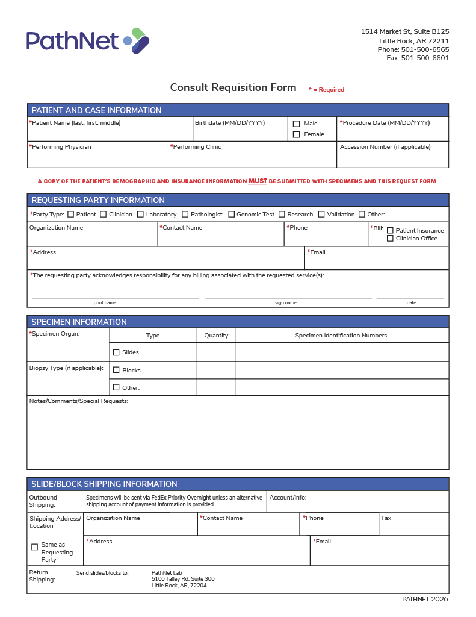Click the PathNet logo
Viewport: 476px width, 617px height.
point(88,40)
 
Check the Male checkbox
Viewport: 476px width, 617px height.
point(296,124)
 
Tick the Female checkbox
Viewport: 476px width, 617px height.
point(296,135)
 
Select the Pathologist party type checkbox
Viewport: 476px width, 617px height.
point(185,215)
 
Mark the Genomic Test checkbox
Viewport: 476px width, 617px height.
point(231,215)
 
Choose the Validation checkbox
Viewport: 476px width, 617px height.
point(321,215)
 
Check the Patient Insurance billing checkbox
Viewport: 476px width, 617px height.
point(390,230)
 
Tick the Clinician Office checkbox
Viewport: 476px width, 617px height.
point(390,239)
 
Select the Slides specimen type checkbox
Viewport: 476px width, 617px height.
point(116,352)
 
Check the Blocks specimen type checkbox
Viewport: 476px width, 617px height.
point(116,371)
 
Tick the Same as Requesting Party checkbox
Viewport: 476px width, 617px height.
point(34,547)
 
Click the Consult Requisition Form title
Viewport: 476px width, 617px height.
point(233,88)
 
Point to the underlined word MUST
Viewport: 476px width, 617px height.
point(258,181)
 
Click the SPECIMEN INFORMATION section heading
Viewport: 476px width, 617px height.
point(79,322)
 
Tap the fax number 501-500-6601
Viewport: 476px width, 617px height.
point(425,58)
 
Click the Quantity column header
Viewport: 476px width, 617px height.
point(216,336)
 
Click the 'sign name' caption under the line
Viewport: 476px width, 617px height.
point(286,302)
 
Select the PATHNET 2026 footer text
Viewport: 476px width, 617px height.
point(425,599)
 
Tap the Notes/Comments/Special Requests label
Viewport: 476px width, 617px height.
point(79,401)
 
